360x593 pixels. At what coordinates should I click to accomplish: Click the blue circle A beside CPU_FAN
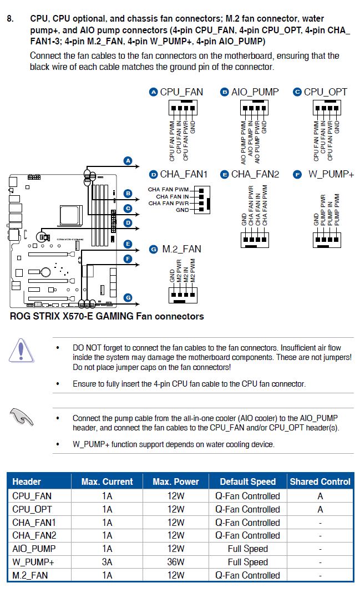point(154,92)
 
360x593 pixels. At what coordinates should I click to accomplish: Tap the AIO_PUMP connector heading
point(255,92)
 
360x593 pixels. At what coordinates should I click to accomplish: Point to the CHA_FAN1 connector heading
point(183,174)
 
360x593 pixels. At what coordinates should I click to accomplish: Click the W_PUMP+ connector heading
point(331,174)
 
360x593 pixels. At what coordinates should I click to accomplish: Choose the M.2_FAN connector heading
point(181,249)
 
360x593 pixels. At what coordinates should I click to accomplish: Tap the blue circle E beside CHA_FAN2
point(225,174)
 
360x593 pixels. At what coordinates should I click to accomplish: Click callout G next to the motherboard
point(128,297)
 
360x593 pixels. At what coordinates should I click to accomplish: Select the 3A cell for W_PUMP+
point(107,562)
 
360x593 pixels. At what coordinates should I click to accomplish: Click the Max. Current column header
point(107,482)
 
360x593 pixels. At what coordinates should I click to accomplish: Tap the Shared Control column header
point(320,482)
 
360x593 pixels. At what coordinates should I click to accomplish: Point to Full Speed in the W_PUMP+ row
point(247,562)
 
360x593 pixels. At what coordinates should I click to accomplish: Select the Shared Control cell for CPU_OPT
point(320,509)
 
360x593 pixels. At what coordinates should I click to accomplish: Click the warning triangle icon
point(21,351)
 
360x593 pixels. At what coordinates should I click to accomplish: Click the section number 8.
point(10,19)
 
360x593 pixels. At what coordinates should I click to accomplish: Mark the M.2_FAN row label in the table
point(30,575)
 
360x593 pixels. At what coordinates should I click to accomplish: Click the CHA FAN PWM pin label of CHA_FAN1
point(169,190)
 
